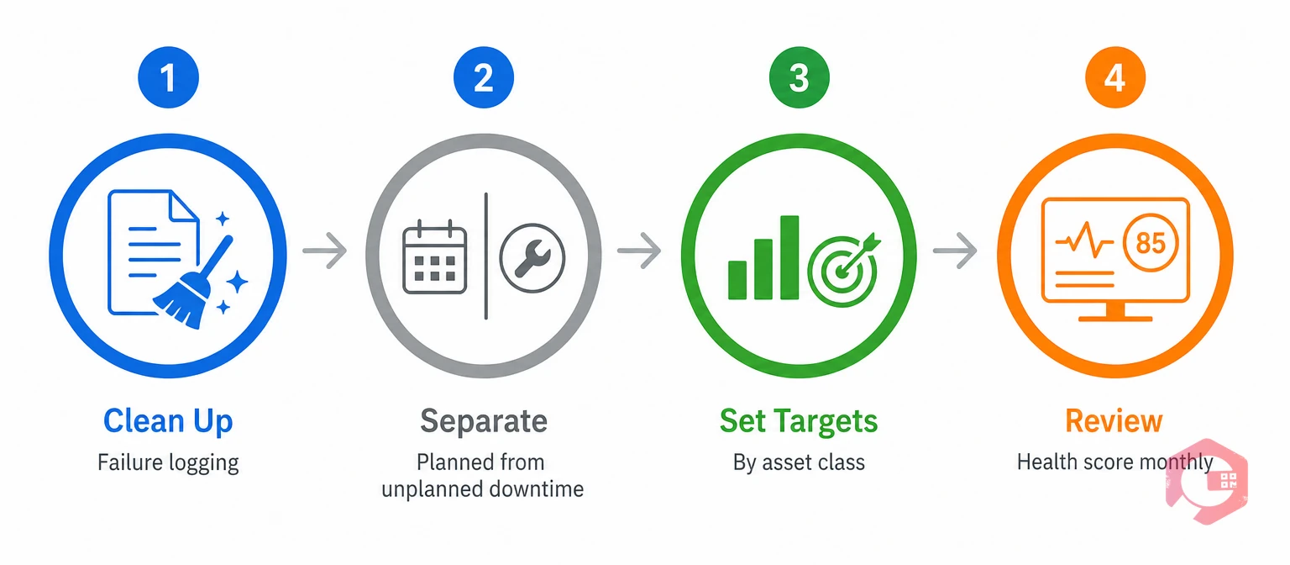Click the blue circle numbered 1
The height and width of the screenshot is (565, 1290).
point(168,77)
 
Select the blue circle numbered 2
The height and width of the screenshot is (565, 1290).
point(484,77)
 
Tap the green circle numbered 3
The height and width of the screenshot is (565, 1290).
point(800,77)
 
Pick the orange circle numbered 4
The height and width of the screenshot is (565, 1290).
point(1115,77)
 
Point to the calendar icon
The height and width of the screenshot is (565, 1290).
point(435,257)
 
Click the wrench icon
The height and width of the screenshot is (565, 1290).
point(532,258)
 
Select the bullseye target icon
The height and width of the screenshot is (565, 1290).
point(844,269)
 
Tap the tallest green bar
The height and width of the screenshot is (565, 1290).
point(789,257)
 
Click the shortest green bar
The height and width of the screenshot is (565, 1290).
point(737,280)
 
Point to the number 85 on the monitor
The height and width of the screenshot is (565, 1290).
point(1151,243)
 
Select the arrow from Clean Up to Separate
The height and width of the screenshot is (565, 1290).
point(325,251)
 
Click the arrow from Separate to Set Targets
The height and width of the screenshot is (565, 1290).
point(639,251)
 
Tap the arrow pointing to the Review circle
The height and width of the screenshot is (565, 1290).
point(955,251)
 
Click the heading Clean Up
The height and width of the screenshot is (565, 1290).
point(168,422)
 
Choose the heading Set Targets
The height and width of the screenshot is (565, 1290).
point(799,421)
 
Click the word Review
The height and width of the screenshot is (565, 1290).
point(1114,421)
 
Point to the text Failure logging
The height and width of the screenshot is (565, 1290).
point(168,463)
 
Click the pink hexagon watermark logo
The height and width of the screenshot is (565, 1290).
point(1207,482)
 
